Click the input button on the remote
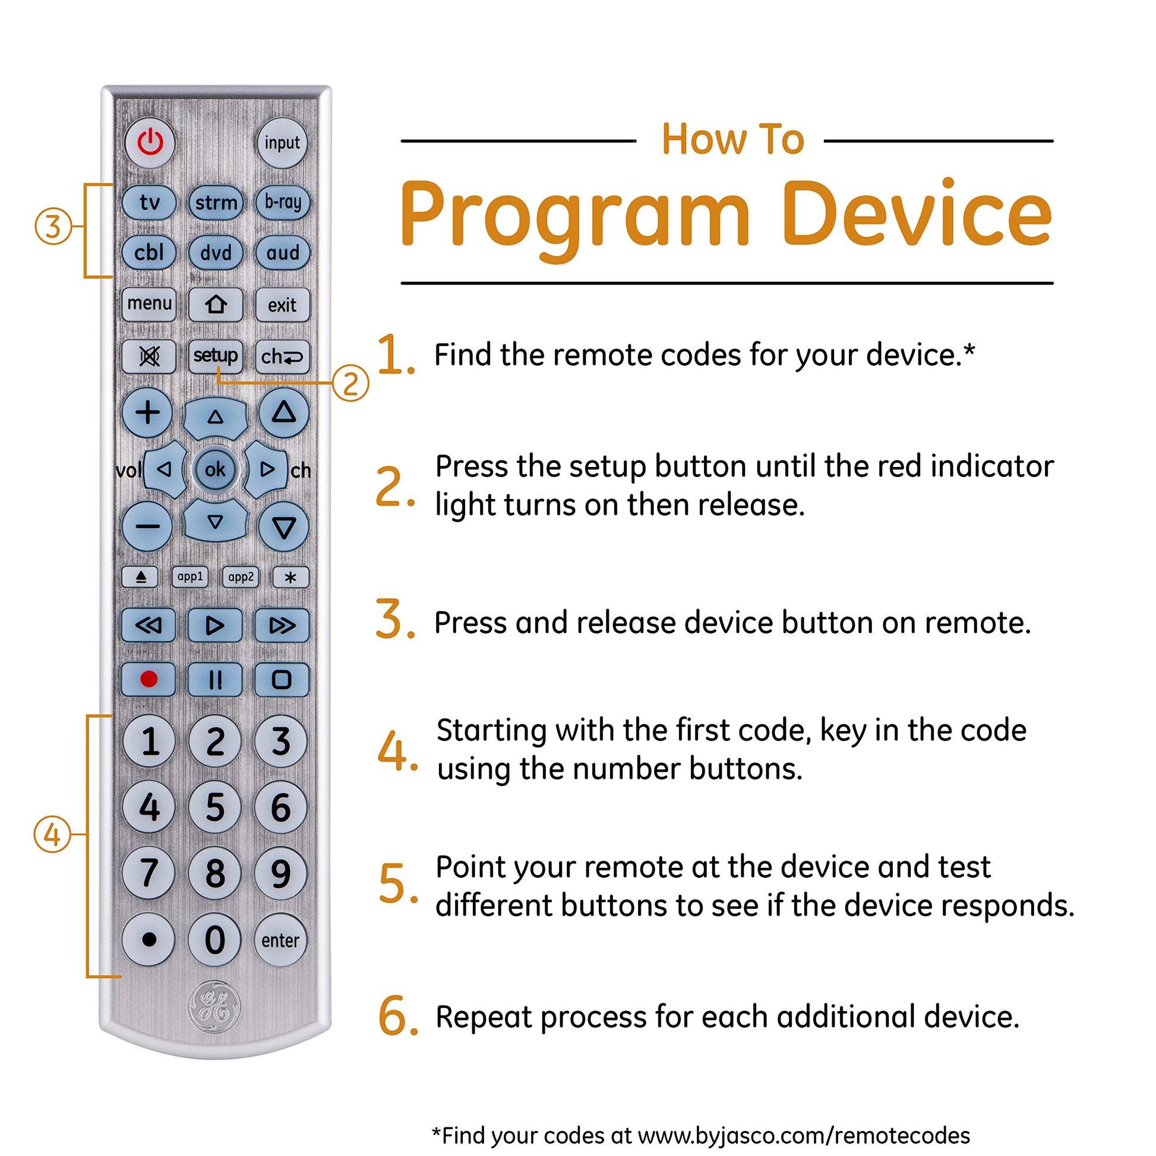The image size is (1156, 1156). tap(282, 143)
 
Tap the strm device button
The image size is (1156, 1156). tap(216, 203)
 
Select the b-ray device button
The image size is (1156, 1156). tap(282, 202)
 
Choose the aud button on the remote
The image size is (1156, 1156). tap(282, 252)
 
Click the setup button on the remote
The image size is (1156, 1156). tap(216, 356)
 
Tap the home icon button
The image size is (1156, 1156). tap(216, 305)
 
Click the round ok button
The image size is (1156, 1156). tap(216, 469)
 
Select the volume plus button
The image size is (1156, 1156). tap(148, 413)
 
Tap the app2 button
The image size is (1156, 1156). tap(241, 577)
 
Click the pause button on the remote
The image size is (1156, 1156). tap(216, 680)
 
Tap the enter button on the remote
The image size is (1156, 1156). tap(280, 940)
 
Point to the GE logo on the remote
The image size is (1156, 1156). tap(214, 1006)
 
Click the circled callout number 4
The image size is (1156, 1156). tap(52, 835)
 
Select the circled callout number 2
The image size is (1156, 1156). tap(350, 383)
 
